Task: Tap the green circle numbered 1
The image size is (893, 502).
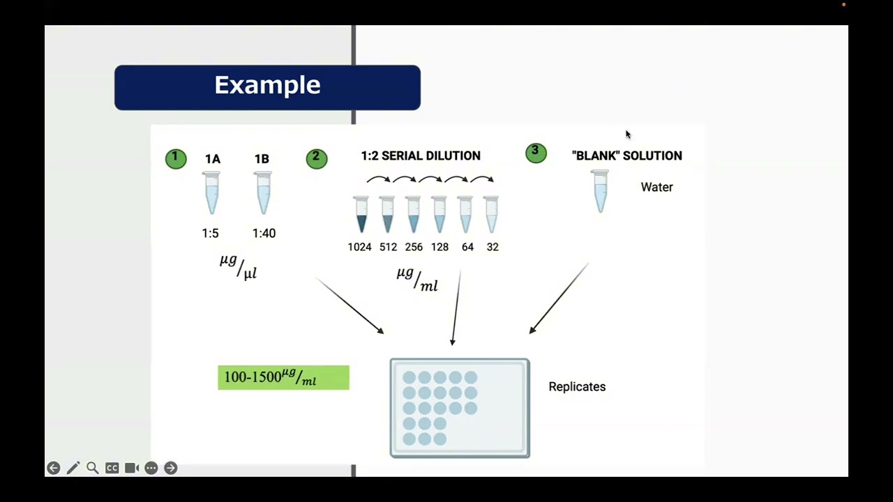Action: tap(176, 159)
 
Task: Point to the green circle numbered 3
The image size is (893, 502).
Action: tap(536, 153)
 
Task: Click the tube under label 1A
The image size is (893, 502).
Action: tap(211, 193)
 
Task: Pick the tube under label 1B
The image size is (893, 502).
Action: tap(263, 193)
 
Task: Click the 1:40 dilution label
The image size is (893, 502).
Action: tap(264, 234)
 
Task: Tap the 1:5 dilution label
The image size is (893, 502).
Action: tap(210, 234)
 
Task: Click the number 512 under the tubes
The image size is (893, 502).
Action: tap(388, 247)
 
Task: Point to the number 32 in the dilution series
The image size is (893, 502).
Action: tap(493, 247)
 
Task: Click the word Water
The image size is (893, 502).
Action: tap(656, 187)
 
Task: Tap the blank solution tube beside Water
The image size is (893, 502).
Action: tap(600, 191)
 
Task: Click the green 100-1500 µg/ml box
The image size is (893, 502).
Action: tap(283, 377)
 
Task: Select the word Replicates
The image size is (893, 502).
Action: tap(577, 386)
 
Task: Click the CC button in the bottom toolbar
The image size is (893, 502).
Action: tap(112, 468)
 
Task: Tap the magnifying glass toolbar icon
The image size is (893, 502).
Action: tap(92, 468)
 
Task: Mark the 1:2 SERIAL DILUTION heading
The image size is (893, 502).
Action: tap(420, 155)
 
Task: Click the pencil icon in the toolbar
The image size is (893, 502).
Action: tap(73, 468)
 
